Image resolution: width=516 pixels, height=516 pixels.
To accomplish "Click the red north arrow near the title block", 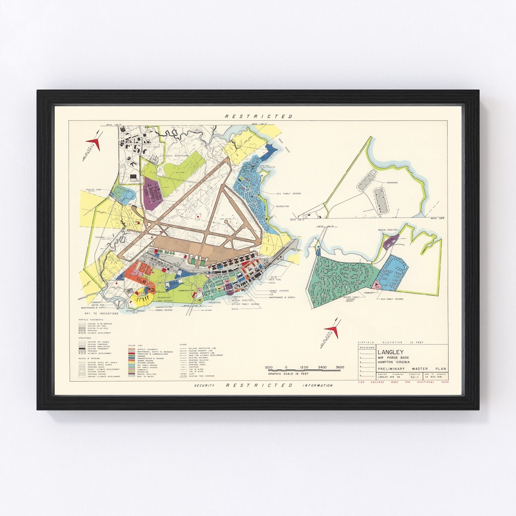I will coord(332,330).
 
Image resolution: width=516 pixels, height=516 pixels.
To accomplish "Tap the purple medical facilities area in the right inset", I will coord(390,242).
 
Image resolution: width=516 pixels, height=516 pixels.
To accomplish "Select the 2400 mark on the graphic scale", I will coord(322,367).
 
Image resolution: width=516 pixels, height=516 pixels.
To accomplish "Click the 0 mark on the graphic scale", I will coord(286,367).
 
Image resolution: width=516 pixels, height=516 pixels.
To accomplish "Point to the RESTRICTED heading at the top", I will coord(258,117).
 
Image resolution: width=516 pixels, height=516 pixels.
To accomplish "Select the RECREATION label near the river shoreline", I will coord(282,206).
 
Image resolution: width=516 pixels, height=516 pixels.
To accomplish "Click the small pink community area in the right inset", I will coord(377,285).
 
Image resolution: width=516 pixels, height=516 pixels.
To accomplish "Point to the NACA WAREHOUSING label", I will coord(177,155).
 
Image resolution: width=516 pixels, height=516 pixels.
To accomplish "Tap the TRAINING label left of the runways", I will coord(99,237).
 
